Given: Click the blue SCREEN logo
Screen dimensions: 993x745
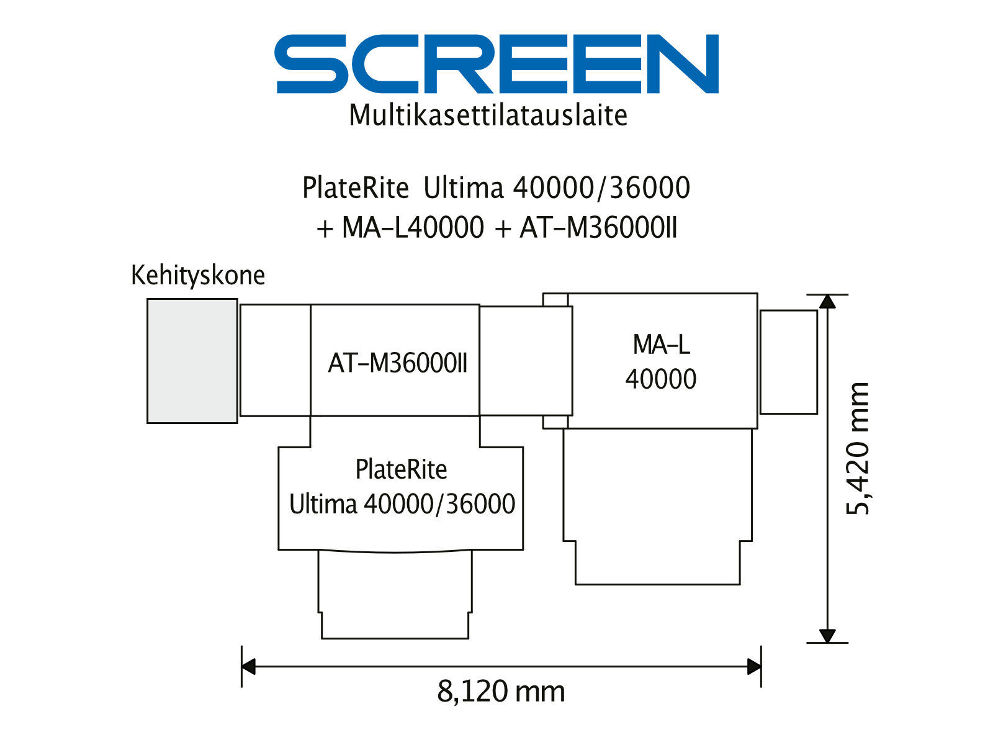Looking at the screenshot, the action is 496,64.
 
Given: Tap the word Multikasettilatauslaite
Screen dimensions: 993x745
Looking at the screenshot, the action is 488,115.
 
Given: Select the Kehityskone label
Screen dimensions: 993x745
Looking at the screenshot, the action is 198,276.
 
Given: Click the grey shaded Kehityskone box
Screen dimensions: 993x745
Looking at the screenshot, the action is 192,361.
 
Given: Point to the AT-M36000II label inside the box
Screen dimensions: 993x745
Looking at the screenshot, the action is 397,363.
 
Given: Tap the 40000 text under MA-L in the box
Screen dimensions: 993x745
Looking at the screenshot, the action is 660,379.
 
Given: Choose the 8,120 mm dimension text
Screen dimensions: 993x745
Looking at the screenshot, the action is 501,692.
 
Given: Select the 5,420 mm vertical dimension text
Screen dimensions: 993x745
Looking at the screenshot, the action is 857,449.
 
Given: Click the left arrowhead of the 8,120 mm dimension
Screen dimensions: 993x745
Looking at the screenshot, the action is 248,666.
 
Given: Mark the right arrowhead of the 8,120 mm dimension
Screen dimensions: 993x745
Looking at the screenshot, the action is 754,666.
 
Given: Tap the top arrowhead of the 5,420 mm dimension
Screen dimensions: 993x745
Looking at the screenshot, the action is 827,301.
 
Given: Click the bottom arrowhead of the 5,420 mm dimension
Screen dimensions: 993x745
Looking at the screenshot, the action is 827,636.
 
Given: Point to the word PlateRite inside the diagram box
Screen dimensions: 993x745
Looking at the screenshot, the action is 401,469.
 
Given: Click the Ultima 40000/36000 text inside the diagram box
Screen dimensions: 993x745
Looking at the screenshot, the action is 402,504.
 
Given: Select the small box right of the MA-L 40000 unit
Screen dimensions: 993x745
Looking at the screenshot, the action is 789,362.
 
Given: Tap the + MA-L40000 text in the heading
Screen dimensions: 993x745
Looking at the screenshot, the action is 400,227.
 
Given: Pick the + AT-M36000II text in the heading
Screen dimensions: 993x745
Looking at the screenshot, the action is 586,227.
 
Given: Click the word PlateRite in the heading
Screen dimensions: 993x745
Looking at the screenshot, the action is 356,187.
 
